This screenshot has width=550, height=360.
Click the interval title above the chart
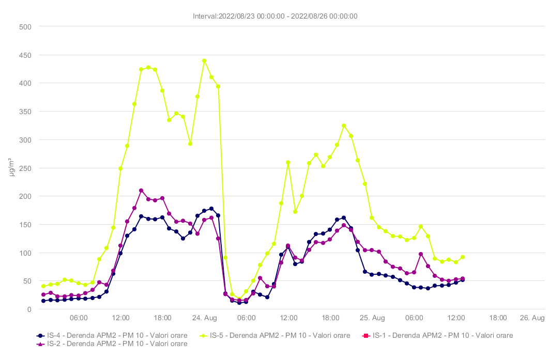pos(275,16)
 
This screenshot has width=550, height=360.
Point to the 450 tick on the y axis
pos(25,55)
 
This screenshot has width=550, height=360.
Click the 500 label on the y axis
pos(25,26)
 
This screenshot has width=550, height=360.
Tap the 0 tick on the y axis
pos(29,309)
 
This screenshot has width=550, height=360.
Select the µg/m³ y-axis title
pos(12,168)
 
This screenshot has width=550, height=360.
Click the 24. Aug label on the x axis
pos(204,318)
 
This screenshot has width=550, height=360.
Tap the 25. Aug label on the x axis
pos(372,318)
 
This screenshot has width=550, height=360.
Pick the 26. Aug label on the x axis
pos(532,318)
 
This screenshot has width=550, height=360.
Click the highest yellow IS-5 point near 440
pos(204,60)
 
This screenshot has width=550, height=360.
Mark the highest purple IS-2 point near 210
pos(141,191)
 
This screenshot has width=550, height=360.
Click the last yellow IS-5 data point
pos(463,257)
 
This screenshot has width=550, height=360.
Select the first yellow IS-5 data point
pos(43,286)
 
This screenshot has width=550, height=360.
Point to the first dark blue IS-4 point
pos(43,301)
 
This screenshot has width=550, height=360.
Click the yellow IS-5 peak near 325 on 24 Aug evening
pos(344,126)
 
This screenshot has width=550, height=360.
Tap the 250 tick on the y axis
pos(25,168)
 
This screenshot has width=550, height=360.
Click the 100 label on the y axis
pos(25,253)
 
